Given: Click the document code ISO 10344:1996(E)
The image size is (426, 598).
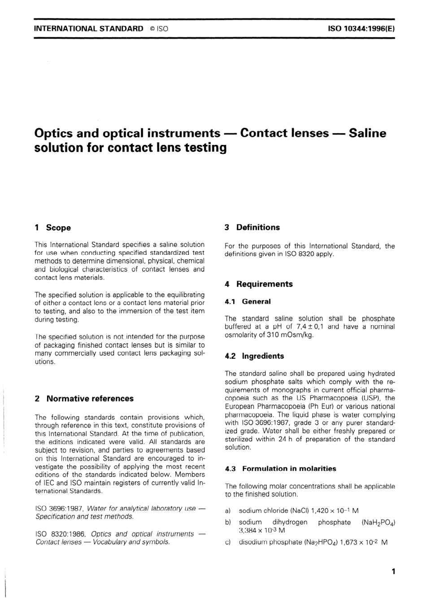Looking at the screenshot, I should pos(361,28).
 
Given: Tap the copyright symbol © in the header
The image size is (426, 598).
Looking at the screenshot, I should pos(152,29).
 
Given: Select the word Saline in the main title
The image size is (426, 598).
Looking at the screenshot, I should pos(367,133).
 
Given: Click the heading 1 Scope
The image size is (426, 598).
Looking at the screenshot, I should pos(52,228).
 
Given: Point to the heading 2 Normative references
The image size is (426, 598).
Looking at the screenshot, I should pos(84,399).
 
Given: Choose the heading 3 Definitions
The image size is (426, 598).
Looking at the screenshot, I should pos(252,227).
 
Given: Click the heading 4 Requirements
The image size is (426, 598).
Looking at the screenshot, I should pos(258,284).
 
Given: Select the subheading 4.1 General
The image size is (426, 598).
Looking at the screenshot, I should pos(248,302).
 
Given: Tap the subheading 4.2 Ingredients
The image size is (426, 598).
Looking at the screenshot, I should pos(254,356).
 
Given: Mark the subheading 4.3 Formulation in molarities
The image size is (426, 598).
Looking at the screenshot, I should pos(280,469).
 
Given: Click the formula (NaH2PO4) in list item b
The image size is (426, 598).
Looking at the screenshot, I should pos(378,523).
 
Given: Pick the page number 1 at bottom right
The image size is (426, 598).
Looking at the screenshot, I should pos(393,572).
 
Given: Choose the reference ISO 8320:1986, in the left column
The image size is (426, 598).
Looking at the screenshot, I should pos(61,534).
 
